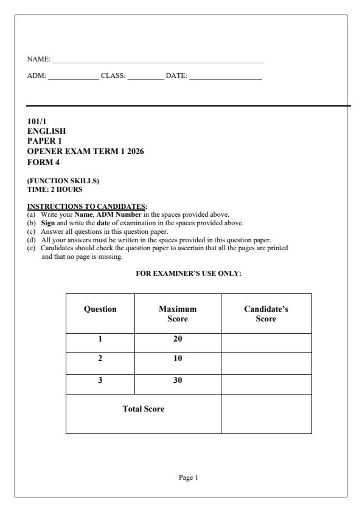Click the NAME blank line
pos(158,62)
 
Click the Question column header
pos(100,309)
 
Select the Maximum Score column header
pos(178,314)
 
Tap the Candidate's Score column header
pos(266,314)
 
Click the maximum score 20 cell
pos(178,341)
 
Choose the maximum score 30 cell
pos(178,381)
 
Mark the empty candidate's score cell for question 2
pos(266,362)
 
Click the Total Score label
pos(143,409)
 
